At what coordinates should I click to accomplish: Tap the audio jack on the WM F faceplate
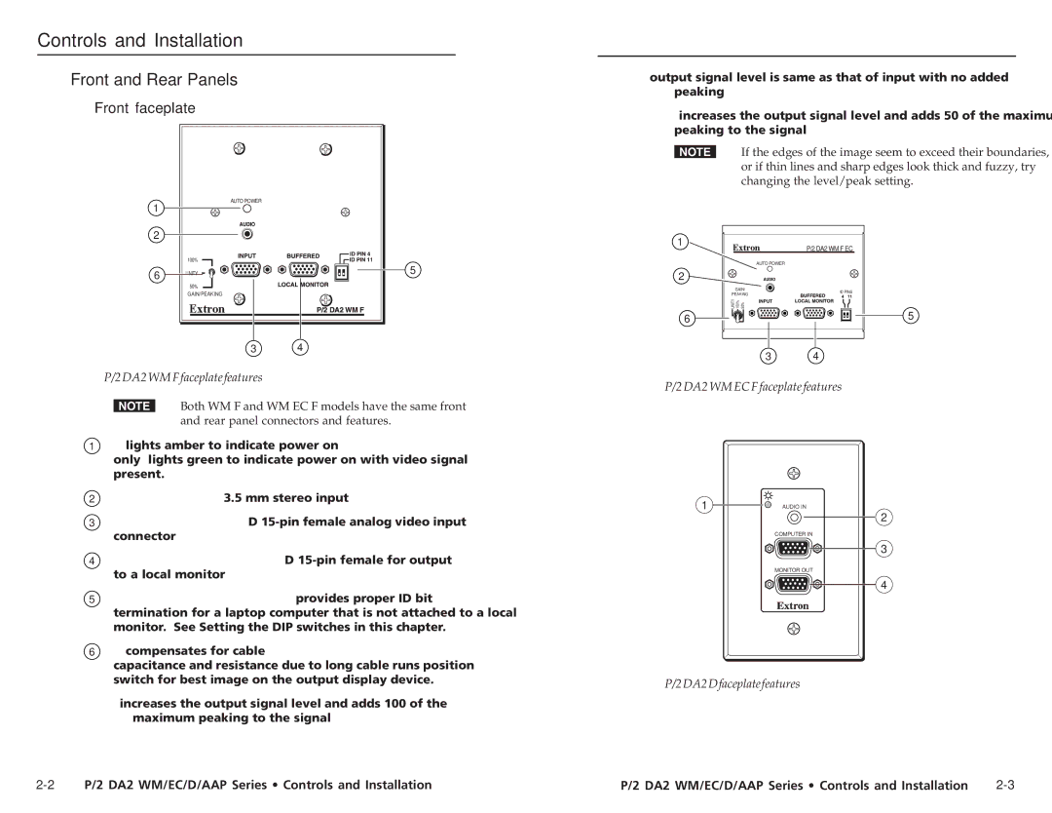(247, 234)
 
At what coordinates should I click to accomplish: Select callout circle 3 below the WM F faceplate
(253, 348)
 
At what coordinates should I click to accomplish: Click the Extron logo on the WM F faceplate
(207, 309)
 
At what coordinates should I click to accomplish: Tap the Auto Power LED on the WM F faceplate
(247, 209)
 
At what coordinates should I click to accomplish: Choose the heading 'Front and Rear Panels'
(154, 80)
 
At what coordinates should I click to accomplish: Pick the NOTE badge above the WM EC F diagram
(695, 152)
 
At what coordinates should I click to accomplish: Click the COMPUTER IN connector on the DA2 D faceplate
(793, 549)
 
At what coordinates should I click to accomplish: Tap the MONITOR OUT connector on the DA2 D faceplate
(793, 585)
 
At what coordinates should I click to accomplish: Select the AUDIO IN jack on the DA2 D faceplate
(793, 519)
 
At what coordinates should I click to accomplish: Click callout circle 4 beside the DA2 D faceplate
(884, 585)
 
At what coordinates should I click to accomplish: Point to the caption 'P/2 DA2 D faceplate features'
(733, 683)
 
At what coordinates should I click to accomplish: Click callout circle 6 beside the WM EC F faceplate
(687, 318)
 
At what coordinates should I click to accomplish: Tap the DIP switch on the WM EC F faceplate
(845, 314)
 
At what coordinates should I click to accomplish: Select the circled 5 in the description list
(92, 599)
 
